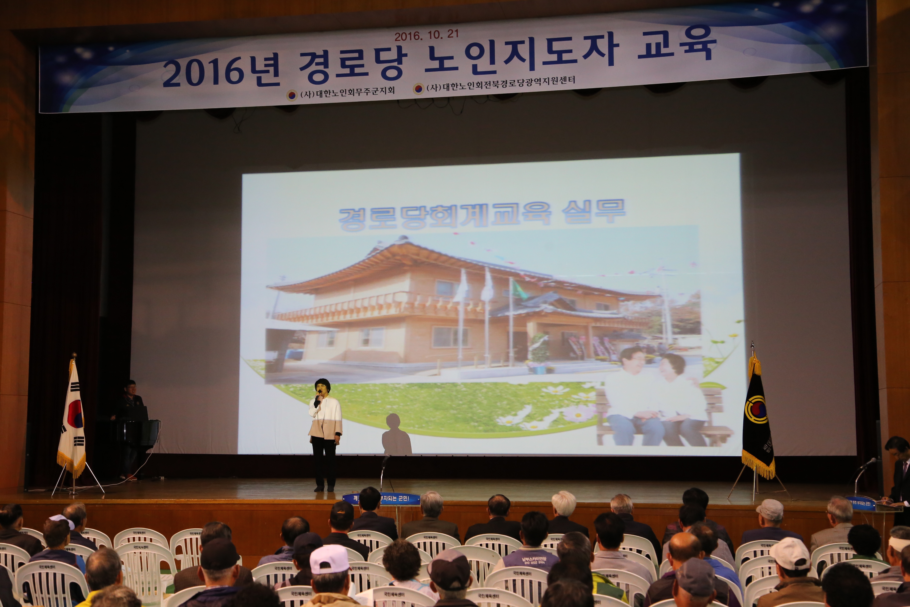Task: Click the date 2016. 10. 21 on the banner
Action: click(x=426, y=35)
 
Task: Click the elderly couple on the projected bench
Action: click(x=654, y=399)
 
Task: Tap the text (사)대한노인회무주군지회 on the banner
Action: click(x=347, y=93)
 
